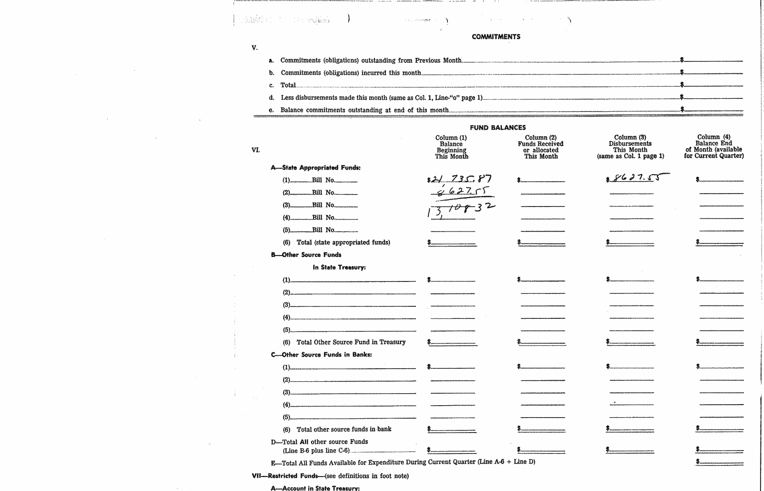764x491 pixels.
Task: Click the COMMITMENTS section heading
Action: pyautogui.click(x=496, y=36)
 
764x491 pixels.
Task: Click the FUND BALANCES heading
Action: pyautogui.click(x=497, y=128)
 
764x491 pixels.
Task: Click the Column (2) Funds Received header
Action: pyautogui.click(x=540, y=147)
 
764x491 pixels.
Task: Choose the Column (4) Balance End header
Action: pyautogui.click(x=714, y=146)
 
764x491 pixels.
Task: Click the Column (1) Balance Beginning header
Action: pyautogui.click(x=451, y=147)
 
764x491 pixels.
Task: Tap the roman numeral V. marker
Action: pyautogui.click(x=255, y=48)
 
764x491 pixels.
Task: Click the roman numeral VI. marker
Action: pyautogui.click(x=256, y=150)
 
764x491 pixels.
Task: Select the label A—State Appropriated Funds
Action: pyautogui.click(x=316, y=168)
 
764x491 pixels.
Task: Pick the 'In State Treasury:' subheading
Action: pyautogui.click(x=339, y=267)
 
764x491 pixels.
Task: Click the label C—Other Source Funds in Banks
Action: pyautogui.click(x=321, y=355)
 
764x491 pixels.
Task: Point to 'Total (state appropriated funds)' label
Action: pyautogui.click(x=343, y=243)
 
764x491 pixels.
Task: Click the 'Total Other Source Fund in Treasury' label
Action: pyautogui.click(x=351, y=342)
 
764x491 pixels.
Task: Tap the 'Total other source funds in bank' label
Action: pyautogui.click(x=344, y=429)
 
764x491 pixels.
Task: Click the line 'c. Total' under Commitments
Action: pyautogui.click(x=288, y=85)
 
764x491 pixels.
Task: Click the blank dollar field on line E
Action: pyautogui.click(x=721, y=462)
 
